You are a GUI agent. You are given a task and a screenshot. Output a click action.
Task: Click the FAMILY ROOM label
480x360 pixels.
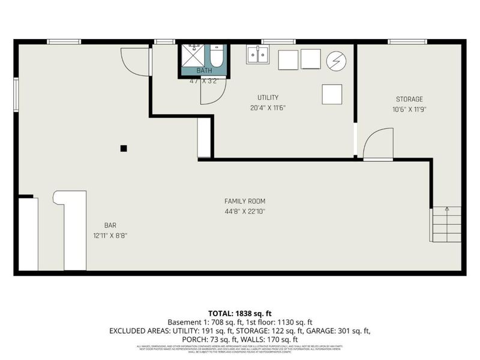[x=245, y=201]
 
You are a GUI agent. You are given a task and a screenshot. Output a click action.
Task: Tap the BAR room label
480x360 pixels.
[x=110, y=225]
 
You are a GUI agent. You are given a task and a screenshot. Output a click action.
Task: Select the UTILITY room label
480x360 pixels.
[x=268, y=97]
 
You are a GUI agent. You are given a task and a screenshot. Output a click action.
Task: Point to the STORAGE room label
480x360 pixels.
[x=409, y=99]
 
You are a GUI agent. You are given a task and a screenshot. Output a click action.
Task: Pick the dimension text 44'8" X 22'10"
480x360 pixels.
[x=245, y=211]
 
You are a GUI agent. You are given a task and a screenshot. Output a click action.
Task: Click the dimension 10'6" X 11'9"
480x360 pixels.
[x=409, y=109]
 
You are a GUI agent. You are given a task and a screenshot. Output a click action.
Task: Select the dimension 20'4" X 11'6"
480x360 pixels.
[x=268, y=108]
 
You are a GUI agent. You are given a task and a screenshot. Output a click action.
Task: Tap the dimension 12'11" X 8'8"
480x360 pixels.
[x=110, y=235]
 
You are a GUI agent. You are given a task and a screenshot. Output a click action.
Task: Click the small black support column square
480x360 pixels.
[x=124, y=148]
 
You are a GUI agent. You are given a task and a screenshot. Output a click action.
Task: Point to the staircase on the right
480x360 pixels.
[x=446, y=224]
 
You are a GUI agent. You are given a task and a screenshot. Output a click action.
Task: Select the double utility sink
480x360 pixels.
[x=258, y=55]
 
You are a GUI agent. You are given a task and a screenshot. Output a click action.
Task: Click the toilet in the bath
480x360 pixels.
[x=217, y=56]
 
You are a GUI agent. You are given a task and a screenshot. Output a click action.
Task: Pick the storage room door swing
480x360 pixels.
[x=376, y=145]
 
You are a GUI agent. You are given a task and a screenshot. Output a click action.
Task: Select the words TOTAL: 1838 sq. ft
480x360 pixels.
[x=239, y=313]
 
